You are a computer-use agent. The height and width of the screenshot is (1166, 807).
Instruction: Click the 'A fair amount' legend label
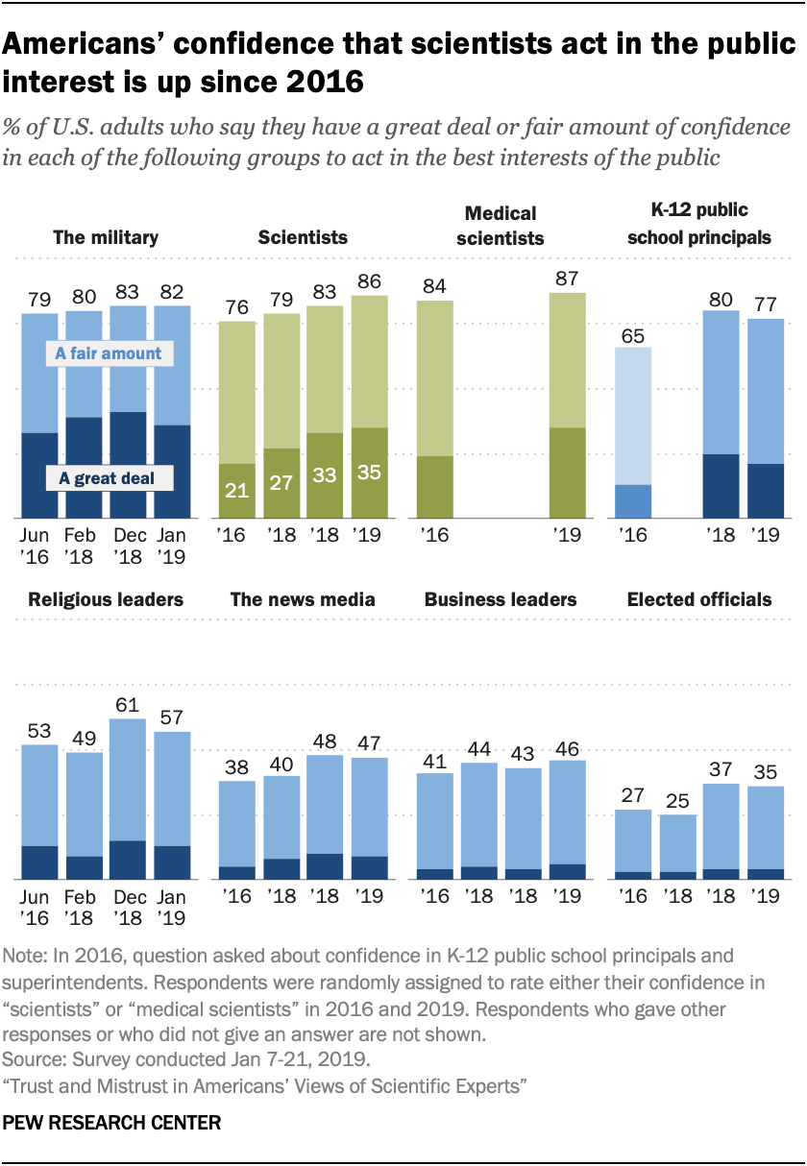(109, 353)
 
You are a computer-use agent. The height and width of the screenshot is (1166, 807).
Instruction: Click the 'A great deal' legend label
(106, 478)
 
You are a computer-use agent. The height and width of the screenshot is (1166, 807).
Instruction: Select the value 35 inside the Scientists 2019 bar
(369, 474)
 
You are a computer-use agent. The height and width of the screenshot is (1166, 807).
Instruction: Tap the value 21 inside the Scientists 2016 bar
(236, 492)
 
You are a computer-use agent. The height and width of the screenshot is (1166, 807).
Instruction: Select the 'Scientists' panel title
(302, 237)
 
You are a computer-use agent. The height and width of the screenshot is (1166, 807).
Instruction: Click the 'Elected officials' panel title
(699, 599)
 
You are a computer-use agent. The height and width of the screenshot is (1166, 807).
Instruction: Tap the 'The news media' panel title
(303, 599)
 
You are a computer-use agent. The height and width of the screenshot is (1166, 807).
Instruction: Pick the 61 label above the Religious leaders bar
(129, 704)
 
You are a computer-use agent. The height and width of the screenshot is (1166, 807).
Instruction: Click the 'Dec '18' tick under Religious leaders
(129, 907)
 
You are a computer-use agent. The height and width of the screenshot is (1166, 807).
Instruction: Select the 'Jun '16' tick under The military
(39, 544)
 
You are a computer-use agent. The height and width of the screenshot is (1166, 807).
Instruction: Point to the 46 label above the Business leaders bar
(567, 746)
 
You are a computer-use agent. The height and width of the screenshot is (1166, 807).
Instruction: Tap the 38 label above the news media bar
(236, 766)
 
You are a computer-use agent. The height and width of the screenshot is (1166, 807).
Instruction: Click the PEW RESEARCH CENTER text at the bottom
(112, 1122)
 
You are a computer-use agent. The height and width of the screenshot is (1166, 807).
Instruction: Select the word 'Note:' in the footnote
(29, 957)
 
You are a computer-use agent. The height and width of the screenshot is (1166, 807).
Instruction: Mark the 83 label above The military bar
(129, 291)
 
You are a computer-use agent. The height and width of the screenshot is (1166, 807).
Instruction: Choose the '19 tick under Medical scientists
(567, 534)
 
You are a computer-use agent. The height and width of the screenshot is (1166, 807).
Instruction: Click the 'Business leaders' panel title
(501, 599)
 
